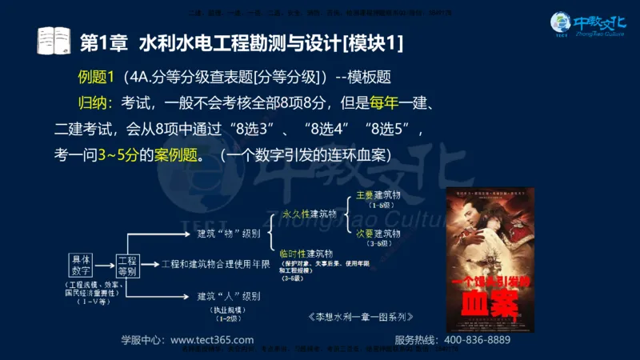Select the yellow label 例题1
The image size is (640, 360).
(98, 78)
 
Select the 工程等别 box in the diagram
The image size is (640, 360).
(128, 266)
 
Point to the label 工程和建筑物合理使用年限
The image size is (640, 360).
(215, 264)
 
